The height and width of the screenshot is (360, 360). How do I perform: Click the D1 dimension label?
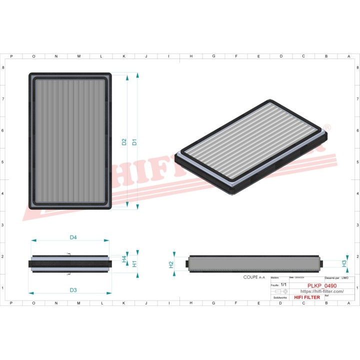point(134,142)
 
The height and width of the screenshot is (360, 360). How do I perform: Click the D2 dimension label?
point(124,142)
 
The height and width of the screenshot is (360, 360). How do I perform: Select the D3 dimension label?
point(73,290)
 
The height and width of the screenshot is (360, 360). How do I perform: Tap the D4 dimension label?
point(73,237)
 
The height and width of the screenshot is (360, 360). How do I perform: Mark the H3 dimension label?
point(344,263)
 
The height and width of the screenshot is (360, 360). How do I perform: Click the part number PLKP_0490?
point(321,286)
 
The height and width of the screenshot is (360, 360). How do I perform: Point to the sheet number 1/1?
point(284,284)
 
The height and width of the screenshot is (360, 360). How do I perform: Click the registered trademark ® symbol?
point(327,127)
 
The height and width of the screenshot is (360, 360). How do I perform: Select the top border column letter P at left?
point(11,56)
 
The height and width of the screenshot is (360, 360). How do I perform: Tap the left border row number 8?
point(3,67)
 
